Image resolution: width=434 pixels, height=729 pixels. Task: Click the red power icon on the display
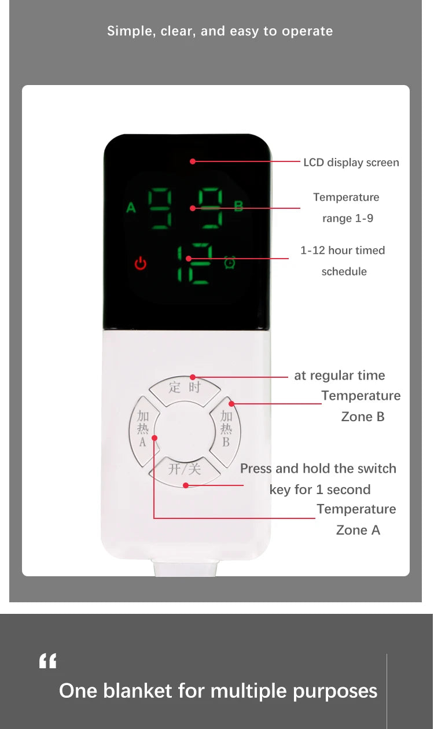[x=141, y=264]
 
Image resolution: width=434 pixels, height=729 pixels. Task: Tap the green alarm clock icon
[x=230, y=263]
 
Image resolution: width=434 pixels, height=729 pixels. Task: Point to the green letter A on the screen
[x=131, y=207]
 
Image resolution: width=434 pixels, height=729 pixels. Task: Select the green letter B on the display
[x=238, y=207]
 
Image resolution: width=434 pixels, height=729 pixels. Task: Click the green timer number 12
[x=195, y=264]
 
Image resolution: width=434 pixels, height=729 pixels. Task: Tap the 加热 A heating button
[x=142, y=429]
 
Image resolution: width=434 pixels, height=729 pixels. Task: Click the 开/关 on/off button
[x=185, y=469]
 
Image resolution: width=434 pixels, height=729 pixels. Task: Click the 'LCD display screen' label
[x=351, y=163]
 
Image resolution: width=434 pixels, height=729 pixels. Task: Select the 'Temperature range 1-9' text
[x=346, y=208]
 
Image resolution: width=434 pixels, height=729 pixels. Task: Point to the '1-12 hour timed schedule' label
[x=343, y=260]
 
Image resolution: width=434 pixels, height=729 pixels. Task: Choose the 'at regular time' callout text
[x=339, y=375]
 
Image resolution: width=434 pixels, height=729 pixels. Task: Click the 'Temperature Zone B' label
[x=361, y=406]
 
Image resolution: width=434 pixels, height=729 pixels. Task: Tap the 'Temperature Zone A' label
[x=357, y=520]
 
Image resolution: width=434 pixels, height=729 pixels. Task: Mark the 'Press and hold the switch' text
[x=318, y=469]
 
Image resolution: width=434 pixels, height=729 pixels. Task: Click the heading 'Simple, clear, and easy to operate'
[x=220, y=31]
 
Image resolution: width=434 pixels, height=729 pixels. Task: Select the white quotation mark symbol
[x=47, y=661]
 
